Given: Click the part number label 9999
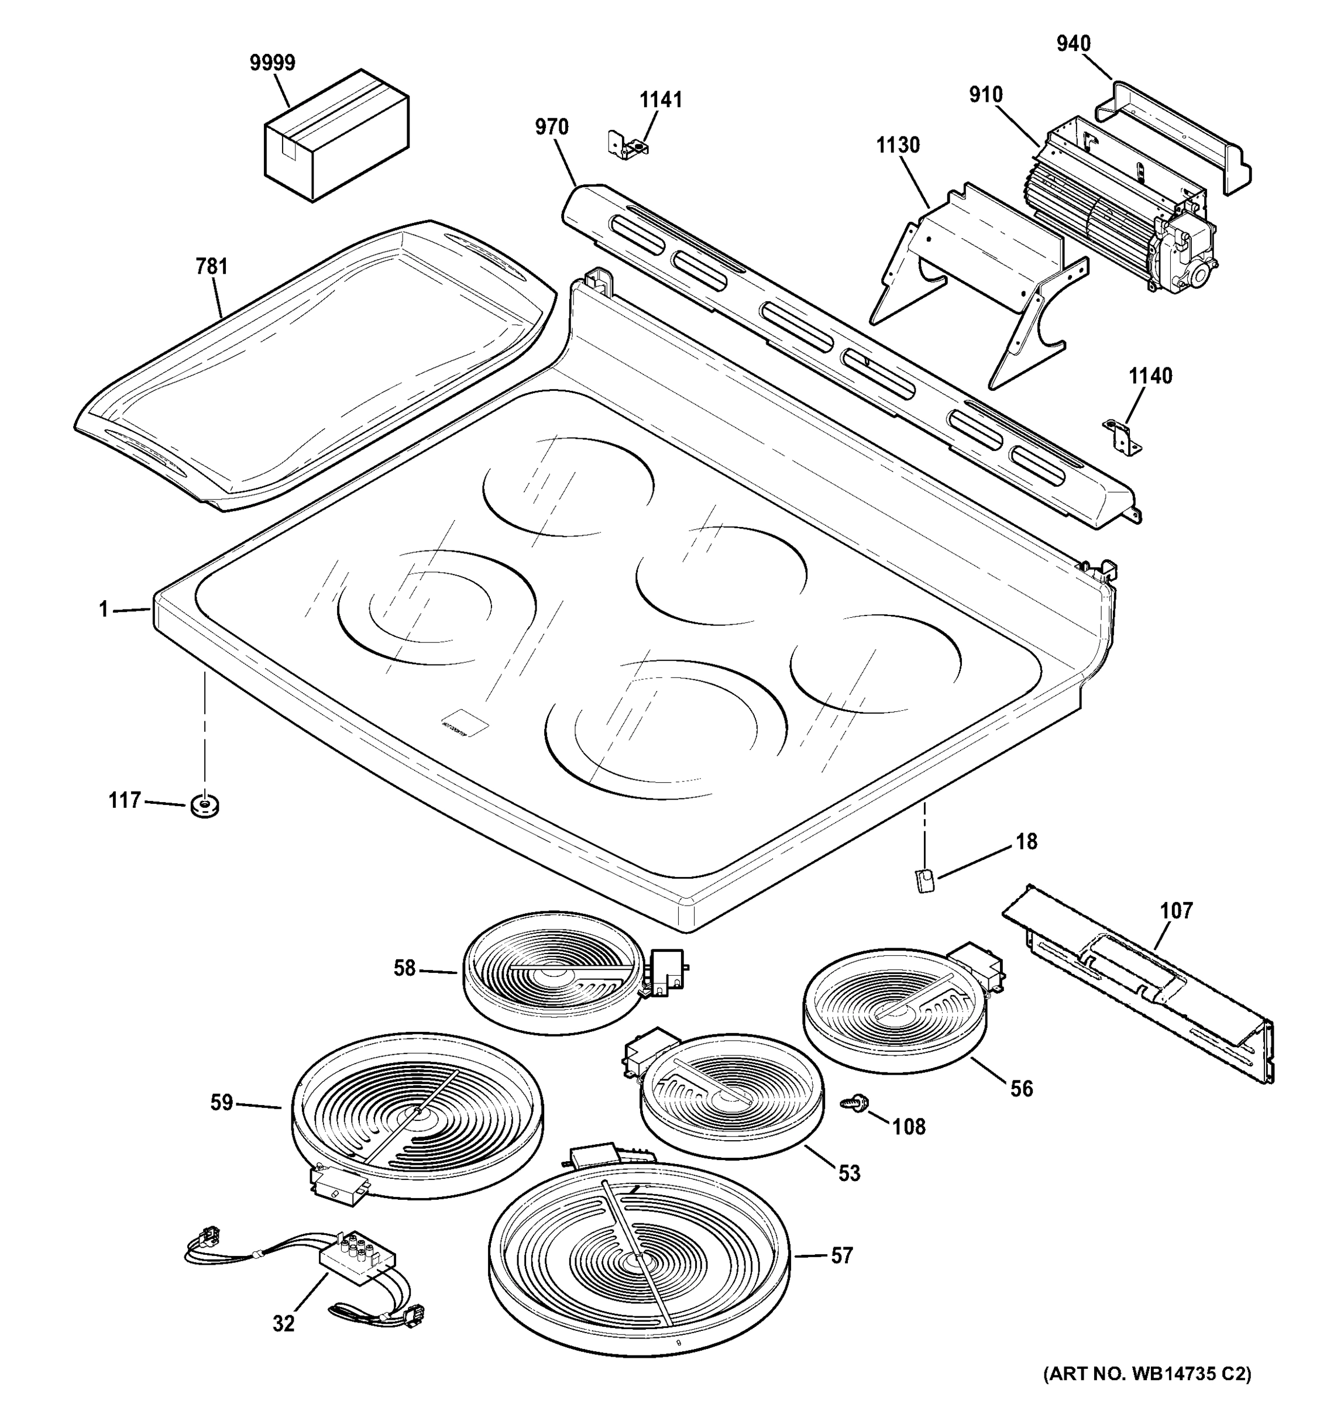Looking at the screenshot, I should point(273,63).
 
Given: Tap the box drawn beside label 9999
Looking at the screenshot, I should point(336,136).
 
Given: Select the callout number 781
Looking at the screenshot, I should point(211,266).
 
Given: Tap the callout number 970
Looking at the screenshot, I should point(552,127).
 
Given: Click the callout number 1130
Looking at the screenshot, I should point(898,146).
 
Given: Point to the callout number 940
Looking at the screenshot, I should point(1074,44).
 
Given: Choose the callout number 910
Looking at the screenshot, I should point(986,95).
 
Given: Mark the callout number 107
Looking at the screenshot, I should point(1177,911).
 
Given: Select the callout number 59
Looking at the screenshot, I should point(221,1103).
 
